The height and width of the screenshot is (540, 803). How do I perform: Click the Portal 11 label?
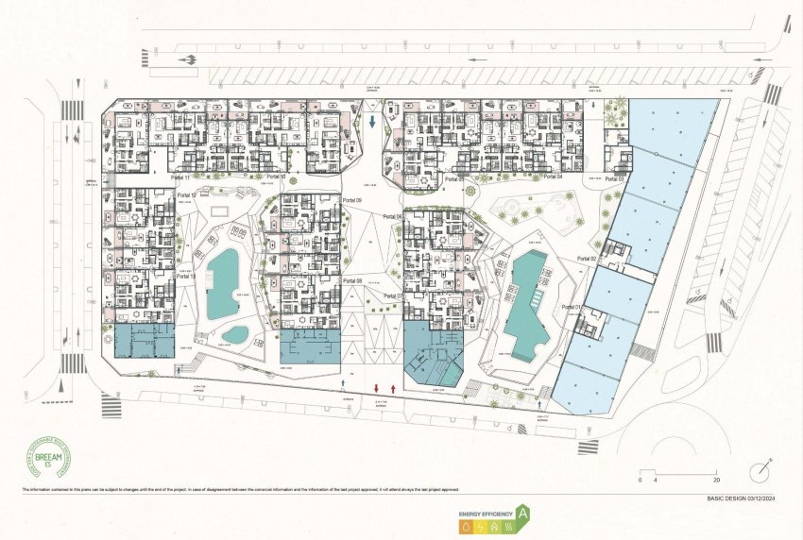tap(179, 177)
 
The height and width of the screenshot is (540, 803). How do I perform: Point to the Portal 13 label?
tap(186, 277)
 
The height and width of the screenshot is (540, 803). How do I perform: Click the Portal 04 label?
tap(553, 177)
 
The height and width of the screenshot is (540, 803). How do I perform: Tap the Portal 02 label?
tap(587, 258)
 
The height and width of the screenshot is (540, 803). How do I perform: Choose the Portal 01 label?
tap(571, 307)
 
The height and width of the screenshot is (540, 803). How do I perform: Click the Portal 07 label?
tap(393, 297)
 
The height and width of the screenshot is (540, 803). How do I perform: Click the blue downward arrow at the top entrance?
tap(374, 123)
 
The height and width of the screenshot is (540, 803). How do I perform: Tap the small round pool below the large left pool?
tap(235, 333)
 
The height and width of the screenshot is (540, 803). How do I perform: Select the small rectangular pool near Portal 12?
tap(223, 208)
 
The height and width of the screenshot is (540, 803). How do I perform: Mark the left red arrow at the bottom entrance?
tap(377, 388)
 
